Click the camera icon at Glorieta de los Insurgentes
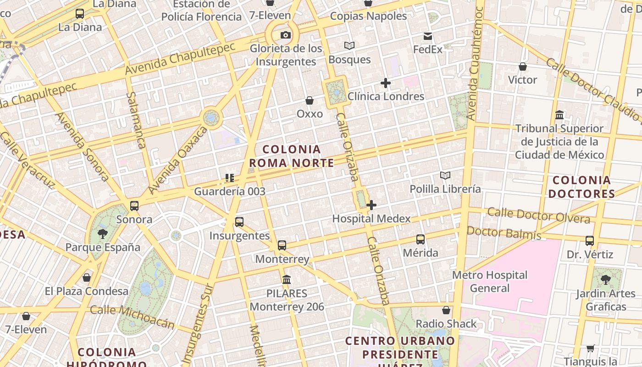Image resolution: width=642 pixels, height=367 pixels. pos(285,35)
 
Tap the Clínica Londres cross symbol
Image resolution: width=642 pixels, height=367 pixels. pos(386,83)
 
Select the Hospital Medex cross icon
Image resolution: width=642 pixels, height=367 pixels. pos(371,205)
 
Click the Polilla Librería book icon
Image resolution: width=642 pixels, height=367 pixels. pos(445,175)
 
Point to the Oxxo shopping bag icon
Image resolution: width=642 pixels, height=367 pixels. pos(310,100)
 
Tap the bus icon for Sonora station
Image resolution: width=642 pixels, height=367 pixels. pos(134,206)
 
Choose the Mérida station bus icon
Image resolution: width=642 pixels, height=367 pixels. pos(421,239)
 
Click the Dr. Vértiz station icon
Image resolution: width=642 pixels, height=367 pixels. pos(590,241)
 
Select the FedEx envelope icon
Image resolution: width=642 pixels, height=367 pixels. pos(428,36)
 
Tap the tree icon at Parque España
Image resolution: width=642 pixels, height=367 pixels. pos(103,234)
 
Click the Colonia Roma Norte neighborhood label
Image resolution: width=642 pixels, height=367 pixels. pos(292,156)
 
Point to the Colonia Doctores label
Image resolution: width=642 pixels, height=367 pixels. pos(581,187)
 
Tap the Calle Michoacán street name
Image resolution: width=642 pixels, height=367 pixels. pos(132,317)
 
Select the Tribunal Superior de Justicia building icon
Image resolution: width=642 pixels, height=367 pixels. pos(559,115)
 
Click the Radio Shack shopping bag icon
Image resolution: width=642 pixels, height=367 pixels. pos(446,311)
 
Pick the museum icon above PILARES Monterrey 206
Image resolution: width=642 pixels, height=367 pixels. pos(287,279)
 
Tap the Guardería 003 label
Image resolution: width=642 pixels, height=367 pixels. pos(230,191)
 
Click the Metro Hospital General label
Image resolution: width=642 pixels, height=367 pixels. pos(490,282)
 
